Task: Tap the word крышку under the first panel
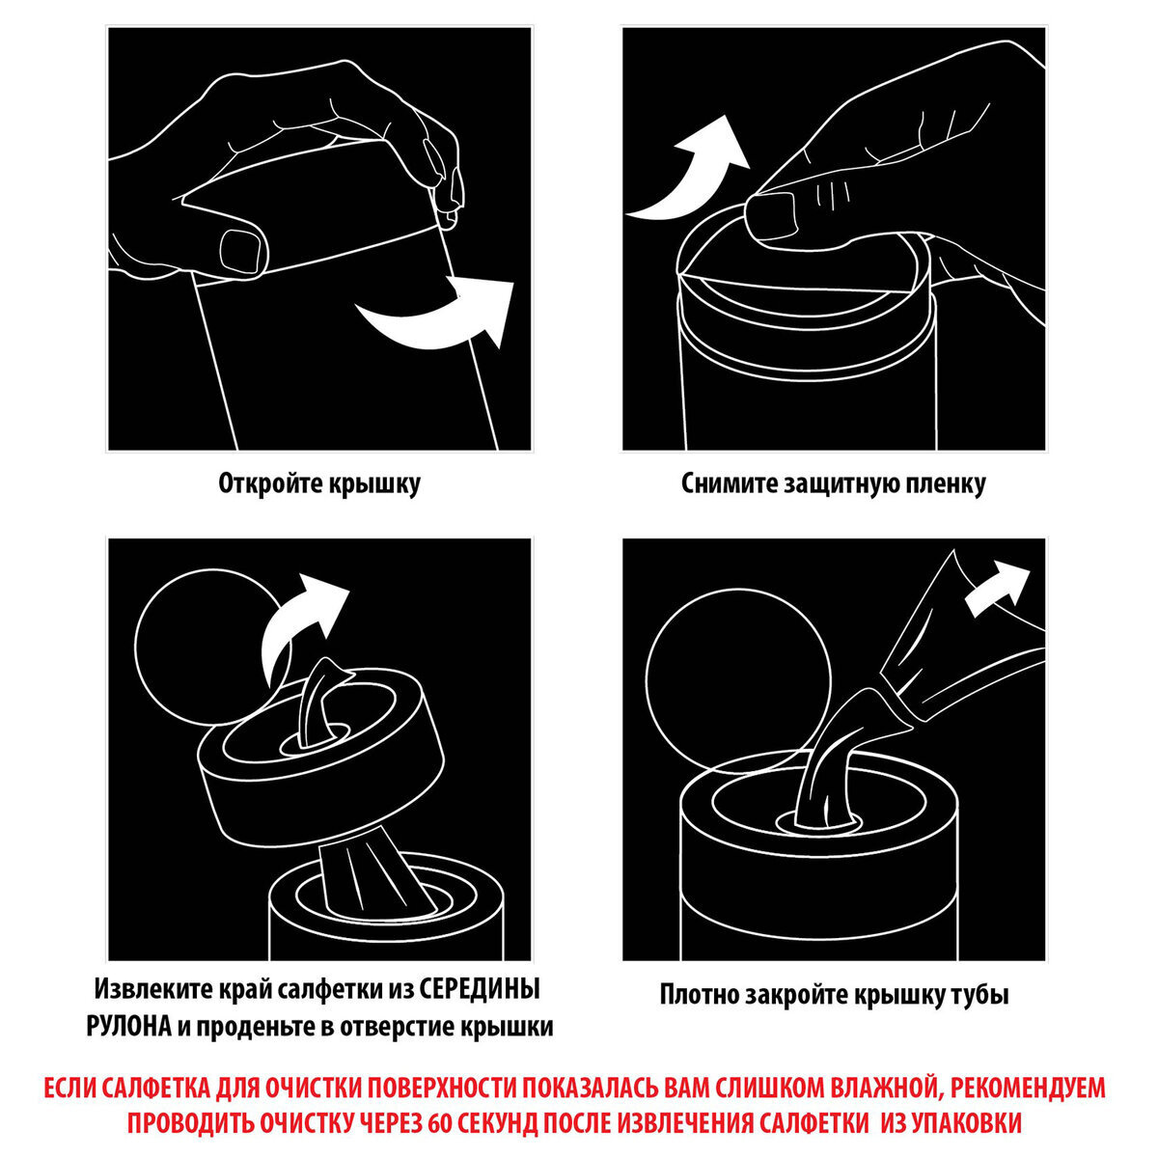[x=372, y=483]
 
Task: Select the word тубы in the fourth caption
[x=981, y=995]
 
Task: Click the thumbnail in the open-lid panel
[x=243, y=249]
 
